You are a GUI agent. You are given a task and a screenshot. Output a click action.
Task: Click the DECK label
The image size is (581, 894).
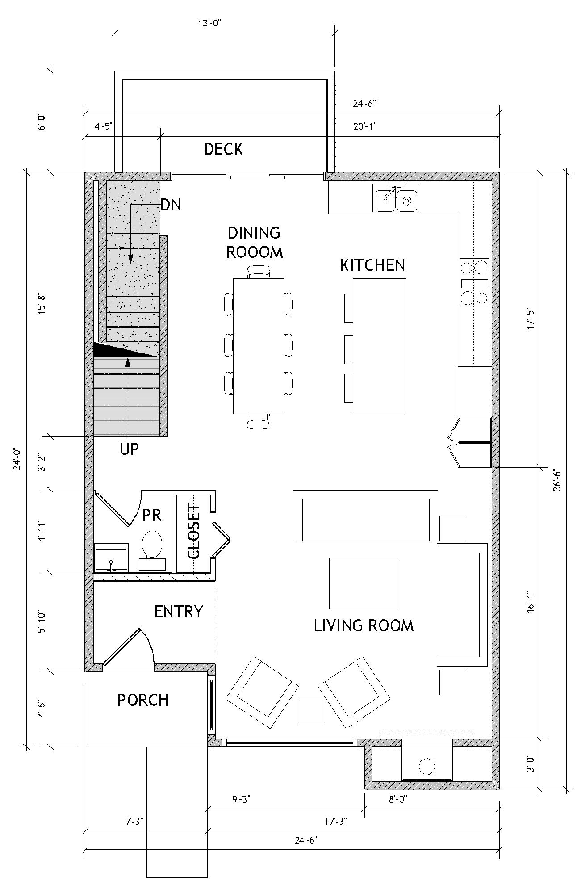point(223,149)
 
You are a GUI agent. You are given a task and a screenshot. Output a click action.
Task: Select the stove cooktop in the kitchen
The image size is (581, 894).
point(475,283)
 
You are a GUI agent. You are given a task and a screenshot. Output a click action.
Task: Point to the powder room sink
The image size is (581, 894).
point(112,557)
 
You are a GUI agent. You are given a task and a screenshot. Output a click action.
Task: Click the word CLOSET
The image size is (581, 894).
point(194,532)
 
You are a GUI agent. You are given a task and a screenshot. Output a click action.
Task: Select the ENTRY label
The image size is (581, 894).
point(179,611)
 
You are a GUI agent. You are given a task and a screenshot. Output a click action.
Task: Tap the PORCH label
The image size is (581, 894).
point(143,700)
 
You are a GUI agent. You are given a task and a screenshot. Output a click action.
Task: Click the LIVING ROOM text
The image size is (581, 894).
point(364,625)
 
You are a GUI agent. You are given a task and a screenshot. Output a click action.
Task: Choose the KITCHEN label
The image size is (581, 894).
point(372,265)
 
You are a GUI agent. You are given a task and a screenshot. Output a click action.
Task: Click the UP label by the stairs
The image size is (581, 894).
point(129,449)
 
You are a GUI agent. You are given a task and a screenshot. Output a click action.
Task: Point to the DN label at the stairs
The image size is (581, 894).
point(171,205)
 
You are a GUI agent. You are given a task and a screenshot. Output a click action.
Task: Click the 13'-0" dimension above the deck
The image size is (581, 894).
point(210,24)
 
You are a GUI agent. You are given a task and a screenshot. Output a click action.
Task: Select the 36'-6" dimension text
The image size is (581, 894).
point(570,479)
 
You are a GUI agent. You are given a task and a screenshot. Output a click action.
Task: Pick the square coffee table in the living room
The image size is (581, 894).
point(363,583)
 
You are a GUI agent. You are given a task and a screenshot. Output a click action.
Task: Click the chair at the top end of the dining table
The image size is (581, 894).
point(259,271)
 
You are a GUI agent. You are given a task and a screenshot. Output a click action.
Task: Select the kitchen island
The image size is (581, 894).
point(380,346)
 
